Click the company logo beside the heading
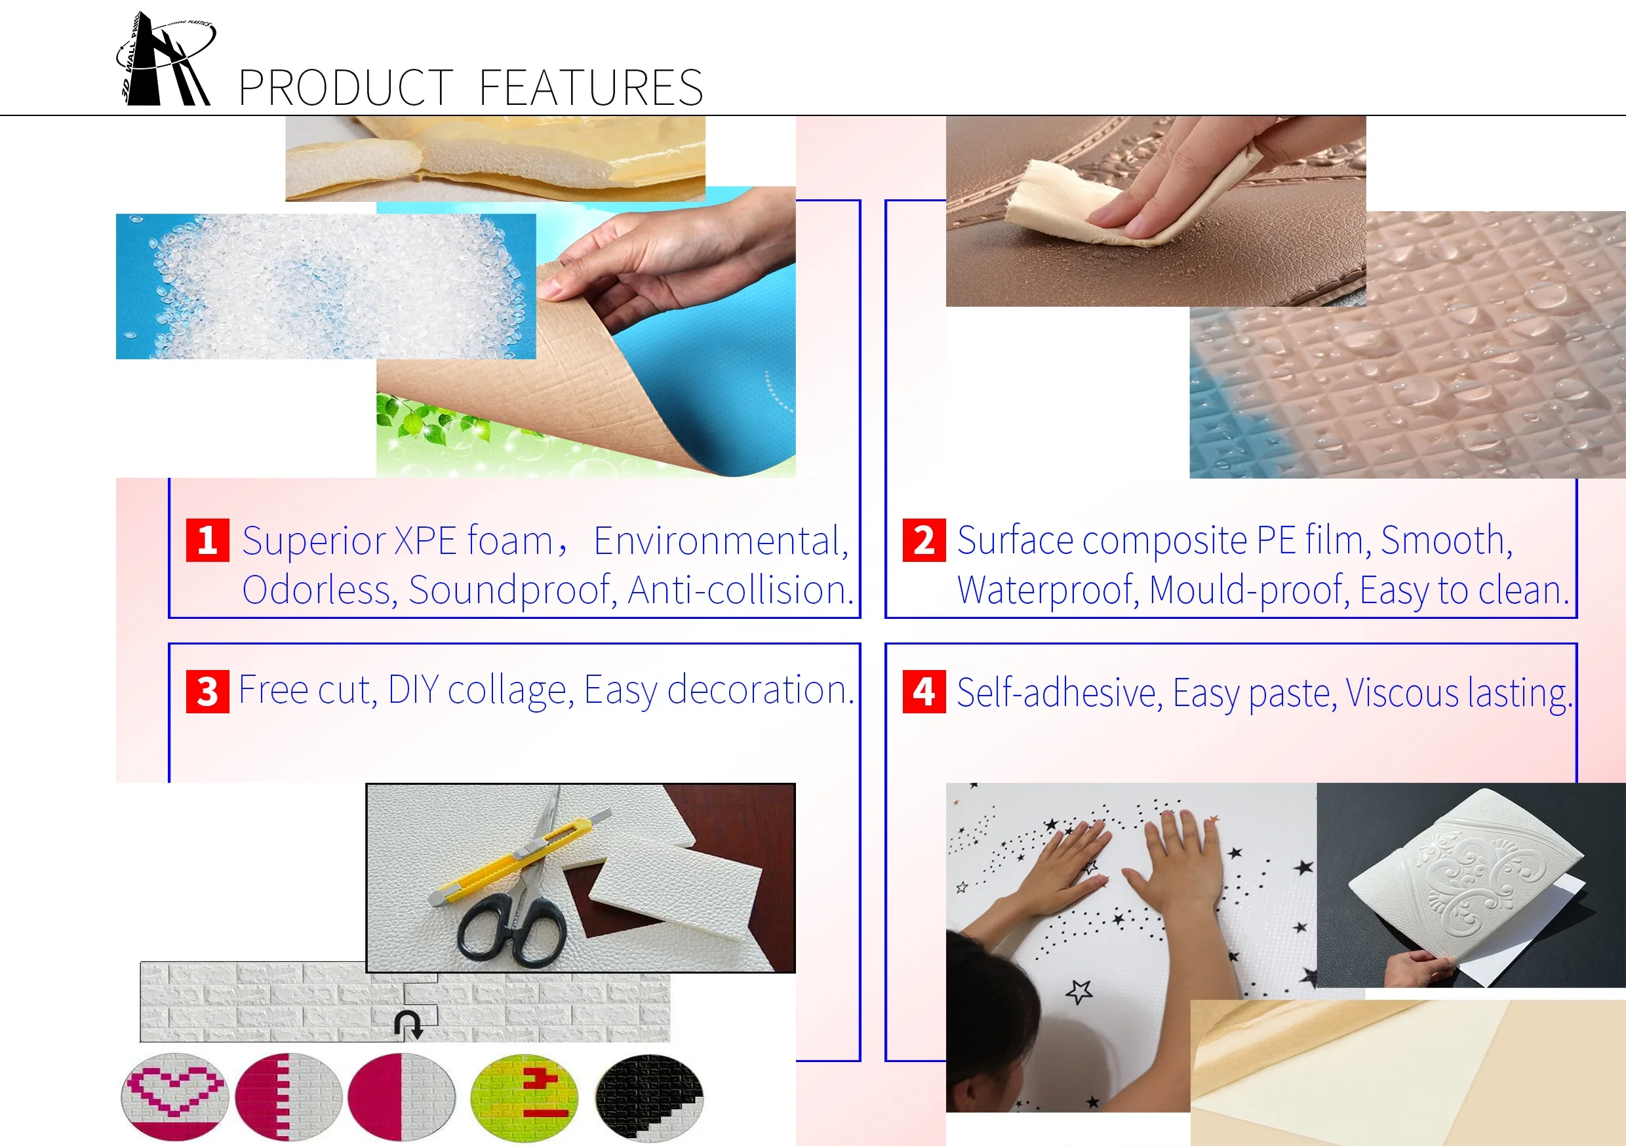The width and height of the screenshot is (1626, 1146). (x=165, y=60)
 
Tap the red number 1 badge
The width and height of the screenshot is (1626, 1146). (x=207, y=540)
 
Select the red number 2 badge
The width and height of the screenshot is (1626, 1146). (x=924, y=540)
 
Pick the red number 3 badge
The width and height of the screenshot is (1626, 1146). (x=207, y=691)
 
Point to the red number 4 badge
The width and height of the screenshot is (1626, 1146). (x=924, y=691)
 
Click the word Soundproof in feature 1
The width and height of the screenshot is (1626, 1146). (x=511, y=590)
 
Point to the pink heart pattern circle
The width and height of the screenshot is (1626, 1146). (x=175, y=1096)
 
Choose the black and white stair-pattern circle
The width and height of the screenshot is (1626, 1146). (x=649, y=1096)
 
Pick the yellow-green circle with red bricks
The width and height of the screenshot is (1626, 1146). (x=525, y=1096)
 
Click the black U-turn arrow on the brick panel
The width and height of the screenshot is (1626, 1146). (x=408, y=1024)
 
